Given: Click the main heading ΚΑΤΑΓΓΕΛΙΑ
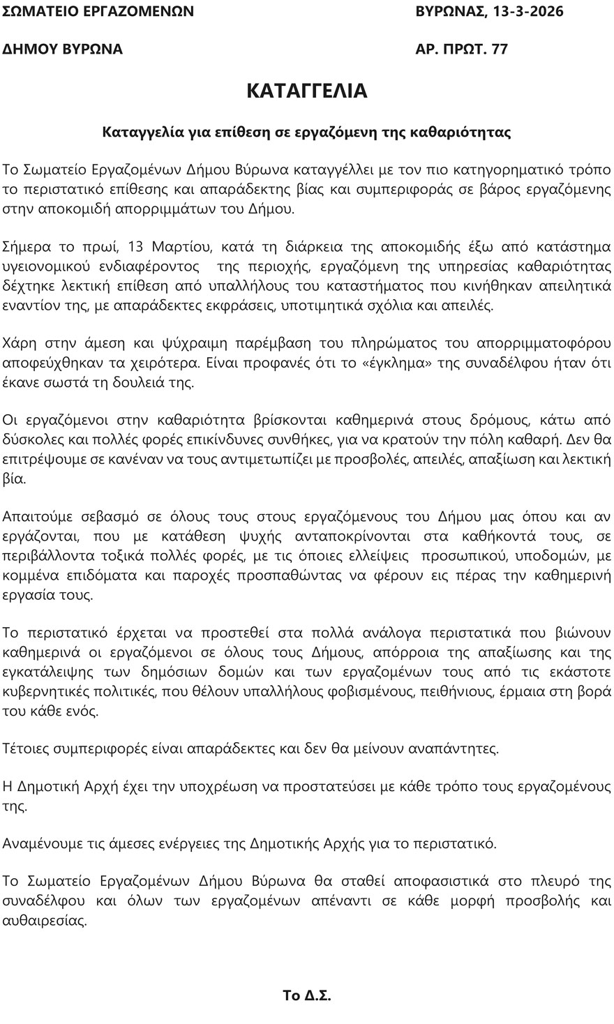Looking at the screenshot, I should pyautogui.click(x=307, y=91).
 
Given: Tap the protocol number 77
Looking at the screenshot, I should pyautogui.click(x=500, y=49).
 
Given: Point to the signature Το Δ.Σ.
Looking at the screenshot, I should pyautogui.click(x=306, y=995).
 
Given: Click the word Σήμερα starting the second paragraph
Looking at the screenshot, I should pyautogui.click(x=26, y=246).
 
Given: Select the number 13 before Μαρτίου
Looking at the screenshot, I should pyautogui.click(x=137, y=246).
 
